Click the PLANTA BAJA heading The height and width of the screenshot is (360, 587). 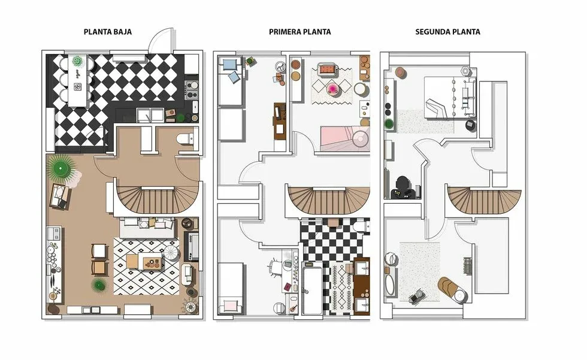tap(108, 32)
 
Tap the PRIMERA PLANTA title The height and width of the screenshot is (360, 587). tap(300, 32)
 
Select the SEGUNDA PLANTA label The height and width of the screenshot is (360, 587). tap(448, 32)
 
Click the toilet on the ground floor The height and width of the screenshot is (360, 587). tap(185, 139)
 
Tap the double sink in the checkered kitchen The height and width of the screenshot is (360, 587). tap(150, 114)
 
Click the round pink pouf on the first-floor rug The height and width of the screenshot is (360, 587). tap(332, 88)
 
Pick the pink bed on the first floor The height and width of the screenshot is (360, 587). tap(345, 138)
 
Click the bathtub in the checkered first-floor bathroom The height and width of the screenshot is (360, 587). tap(312, 289)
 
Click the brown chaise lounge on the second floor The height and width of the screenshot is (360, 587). tap(452, 286)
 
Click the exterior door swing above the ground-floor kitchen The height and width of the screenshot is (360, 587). tap(162, 39)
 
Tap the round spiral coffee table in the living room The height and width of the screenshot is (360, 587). tap(171, 253)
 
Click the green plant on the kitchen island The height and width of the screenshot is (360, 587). tap(77, 61)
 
